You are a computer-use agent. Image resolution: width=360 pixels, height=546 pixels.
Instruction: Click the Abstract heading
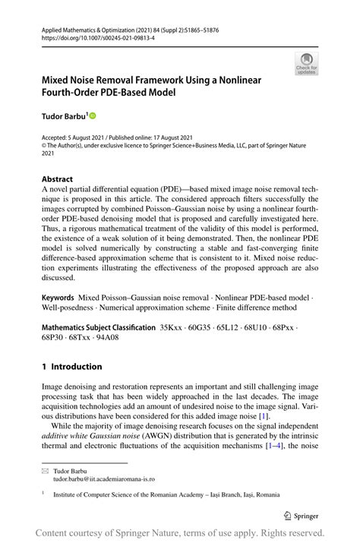point(58,180)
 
